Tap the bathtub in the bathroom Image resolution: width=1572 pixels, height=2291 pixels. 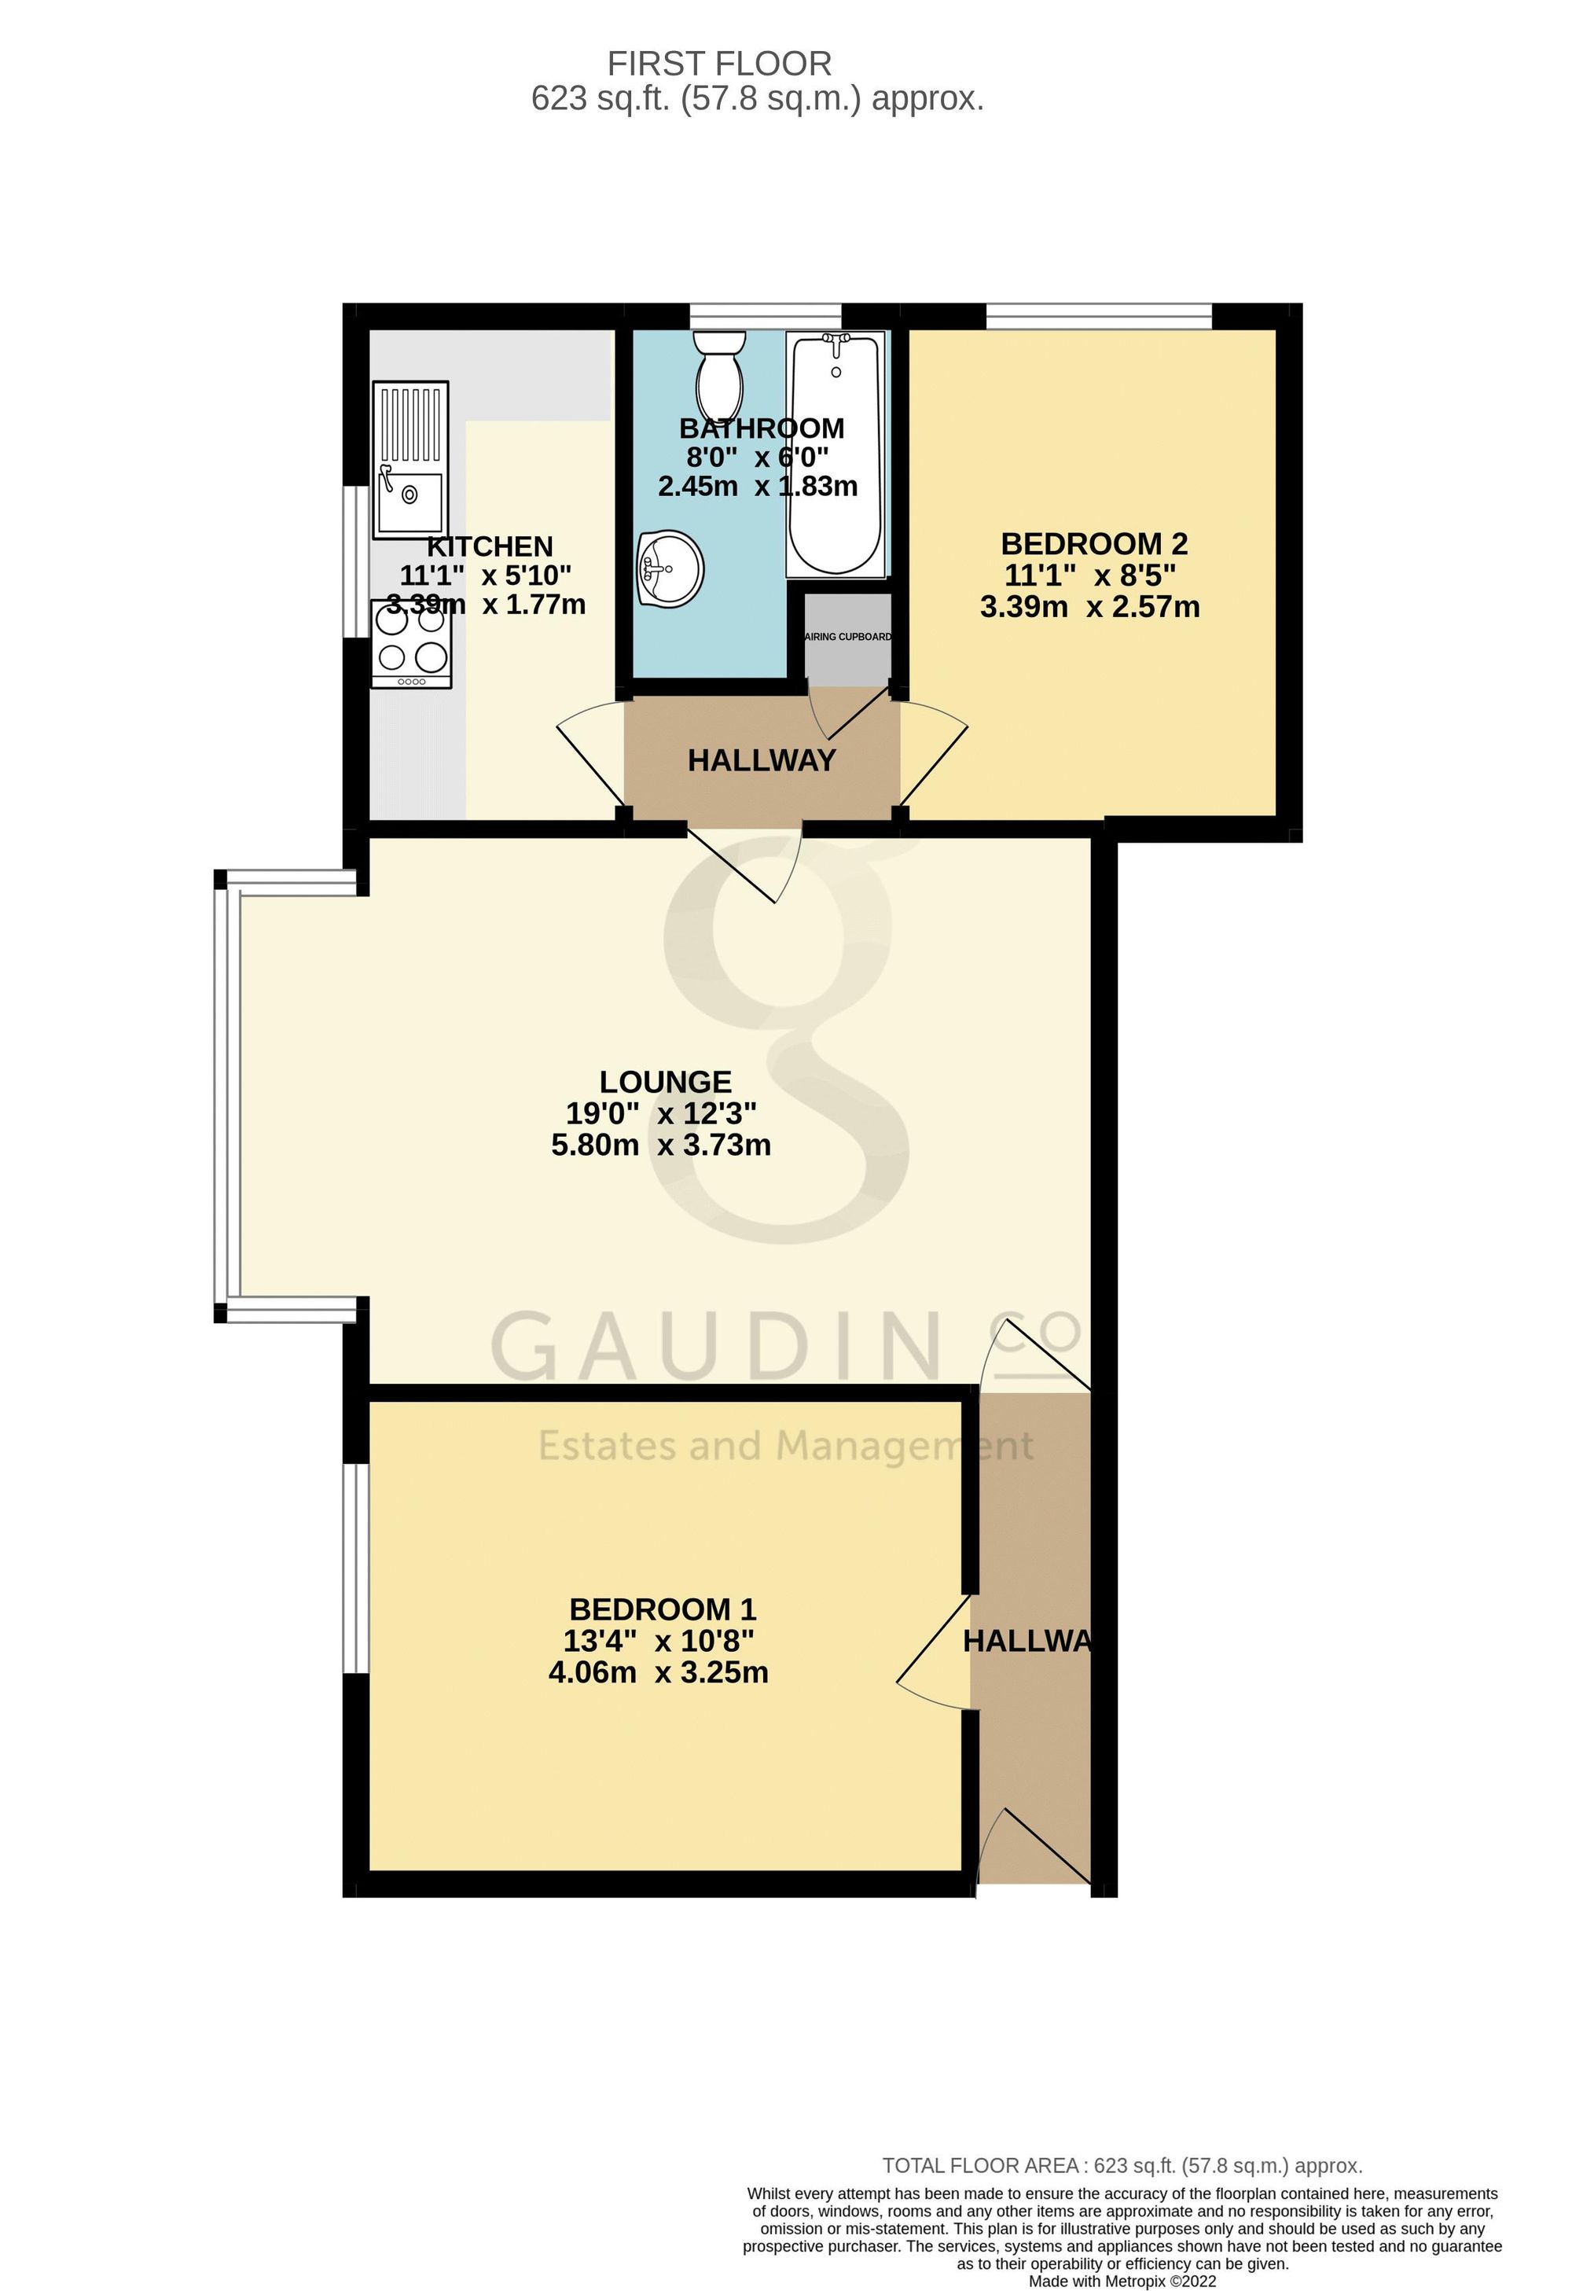(836, 454)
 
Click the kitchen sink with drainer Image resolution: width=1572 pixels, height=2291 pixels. (410, 461)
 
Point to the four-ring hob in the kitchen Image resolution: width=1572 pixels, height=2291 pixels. (412, 644)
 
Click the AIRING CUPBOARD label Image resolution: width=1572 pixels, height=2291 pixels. (849, 637)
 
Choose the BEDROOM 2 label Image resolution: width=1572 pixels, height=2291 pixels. (1094, 543)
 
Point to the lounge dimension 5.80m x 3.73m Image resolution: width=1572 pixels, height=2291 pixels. (660, 1145)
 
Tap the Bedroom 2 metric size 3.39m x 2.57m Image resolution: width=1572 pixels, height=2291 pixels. (1090, 606)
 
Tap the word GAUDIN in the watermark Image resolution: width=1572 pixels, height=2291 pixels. (714, 1347)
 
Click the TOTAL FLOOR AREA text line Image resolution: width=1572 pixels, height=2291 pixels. (1122, 2166)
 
